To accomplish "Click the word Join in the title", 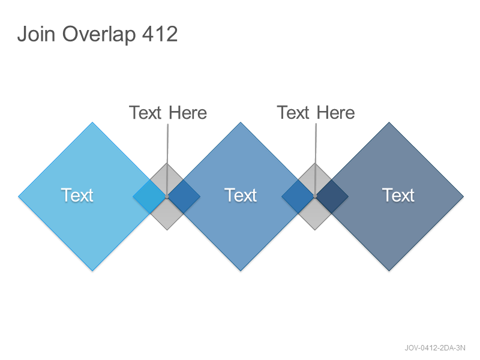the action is pyautogui.click(x=36, y=34).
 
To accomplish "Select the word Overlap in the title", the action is pyautogui.click(x=99, y=35).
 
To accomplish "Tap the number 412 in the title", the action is pyautogui.click(x=160, y=34).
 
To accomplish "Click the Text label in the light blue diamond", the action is pyautogui.click(x=77, y=196).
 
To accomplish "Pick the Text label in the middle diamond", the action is pyautogui.click(x=241, y=196).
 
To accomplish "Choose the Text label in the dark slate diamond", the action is pyautogui.click(x=398, y=196).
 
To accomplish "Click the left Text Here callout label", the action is pyautogui.click(x=168, y=113).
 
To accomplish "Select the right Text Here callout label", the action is pyautogui.click(x=316, y=113).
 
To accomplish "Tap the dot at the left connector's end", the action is pyautogui.click(x=167, y=197).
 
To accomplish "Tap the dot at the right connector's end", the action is pyautogui.click(x=315, y=197).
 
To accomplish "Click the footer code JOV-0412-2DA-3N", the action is pyautogui.click(x=435, y=348).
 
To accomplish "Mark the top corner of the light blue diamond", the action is pyautogui.click(x=92, y=122).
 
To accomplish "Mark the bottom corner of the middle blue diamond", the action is pyautogui.click(x=241, y=271).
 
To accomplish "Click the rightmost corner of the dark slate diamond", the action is pyautogui.click(x=463, y=197).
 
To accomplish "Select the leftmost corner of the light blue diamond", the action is pyautogui.click(x=19, y=197).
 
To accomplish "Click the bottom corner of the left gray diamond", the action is pyautogui.click(x=167, y=230).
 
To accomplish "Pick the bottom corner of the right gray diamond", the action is pyautogui.click(x=315, y=230).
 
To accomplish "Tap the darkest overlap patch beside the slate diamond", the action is pyautogui.click(x=332, y=197).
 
